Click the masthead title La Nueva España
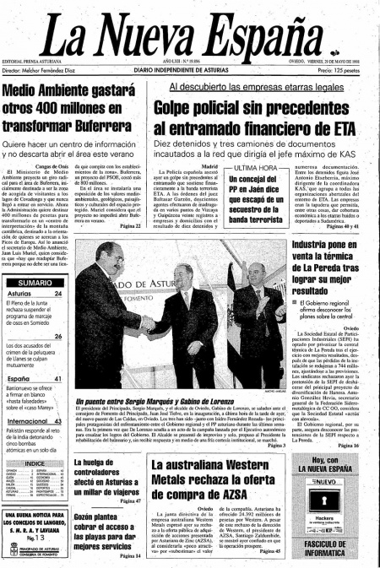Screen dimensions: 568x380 coord(189,31)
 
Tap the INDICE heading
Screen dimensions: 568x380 coord(35,463)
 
